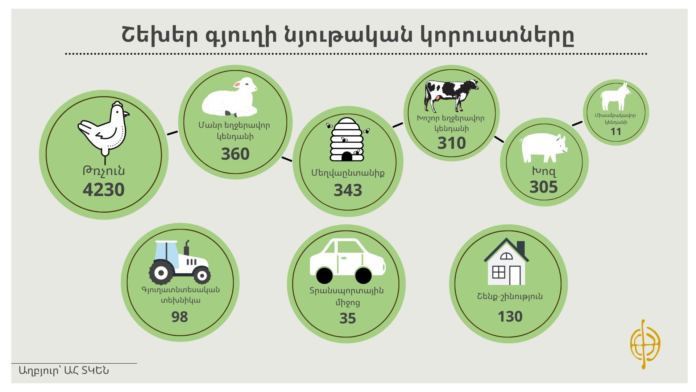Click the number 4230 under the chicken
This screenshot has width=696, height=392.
(x=104, y=189)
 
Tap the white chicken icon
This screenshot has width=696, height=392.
(x=104, y=129)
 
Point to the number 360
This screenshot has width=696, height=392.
(x=235, y=154)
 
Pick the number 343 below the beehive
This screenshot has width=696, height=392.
(x=348, y=190)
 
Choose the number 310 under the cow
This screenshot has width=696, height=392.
(x=452, y=143)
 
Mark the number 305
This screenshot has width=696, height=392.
(x=544, y=187)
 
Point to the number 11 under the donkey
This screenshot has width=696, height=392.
(x=616, y=132)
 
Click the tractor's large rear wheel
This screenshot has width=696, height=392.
(x=161, y=273)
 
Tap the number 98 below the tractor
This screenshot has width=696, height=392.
(x=180, y=317)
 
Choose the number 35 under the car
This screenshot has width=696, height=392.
(x=348, y=318)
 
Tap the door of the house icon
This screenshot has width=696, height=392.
(x=515, y=275)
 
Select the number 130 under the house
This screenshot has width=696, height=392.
(x=510, y=317)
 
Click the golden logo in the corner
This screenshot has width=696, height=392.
(x=645, y=344)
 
